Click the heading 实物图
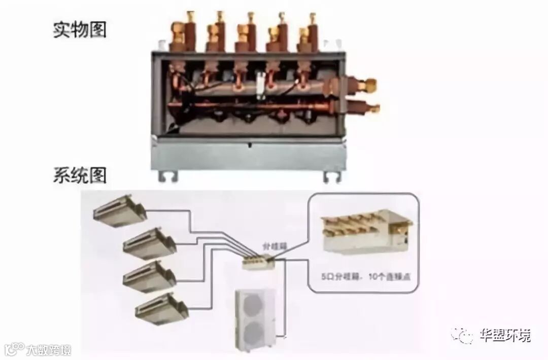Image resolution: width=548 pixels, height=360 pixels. coord(80,30)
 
